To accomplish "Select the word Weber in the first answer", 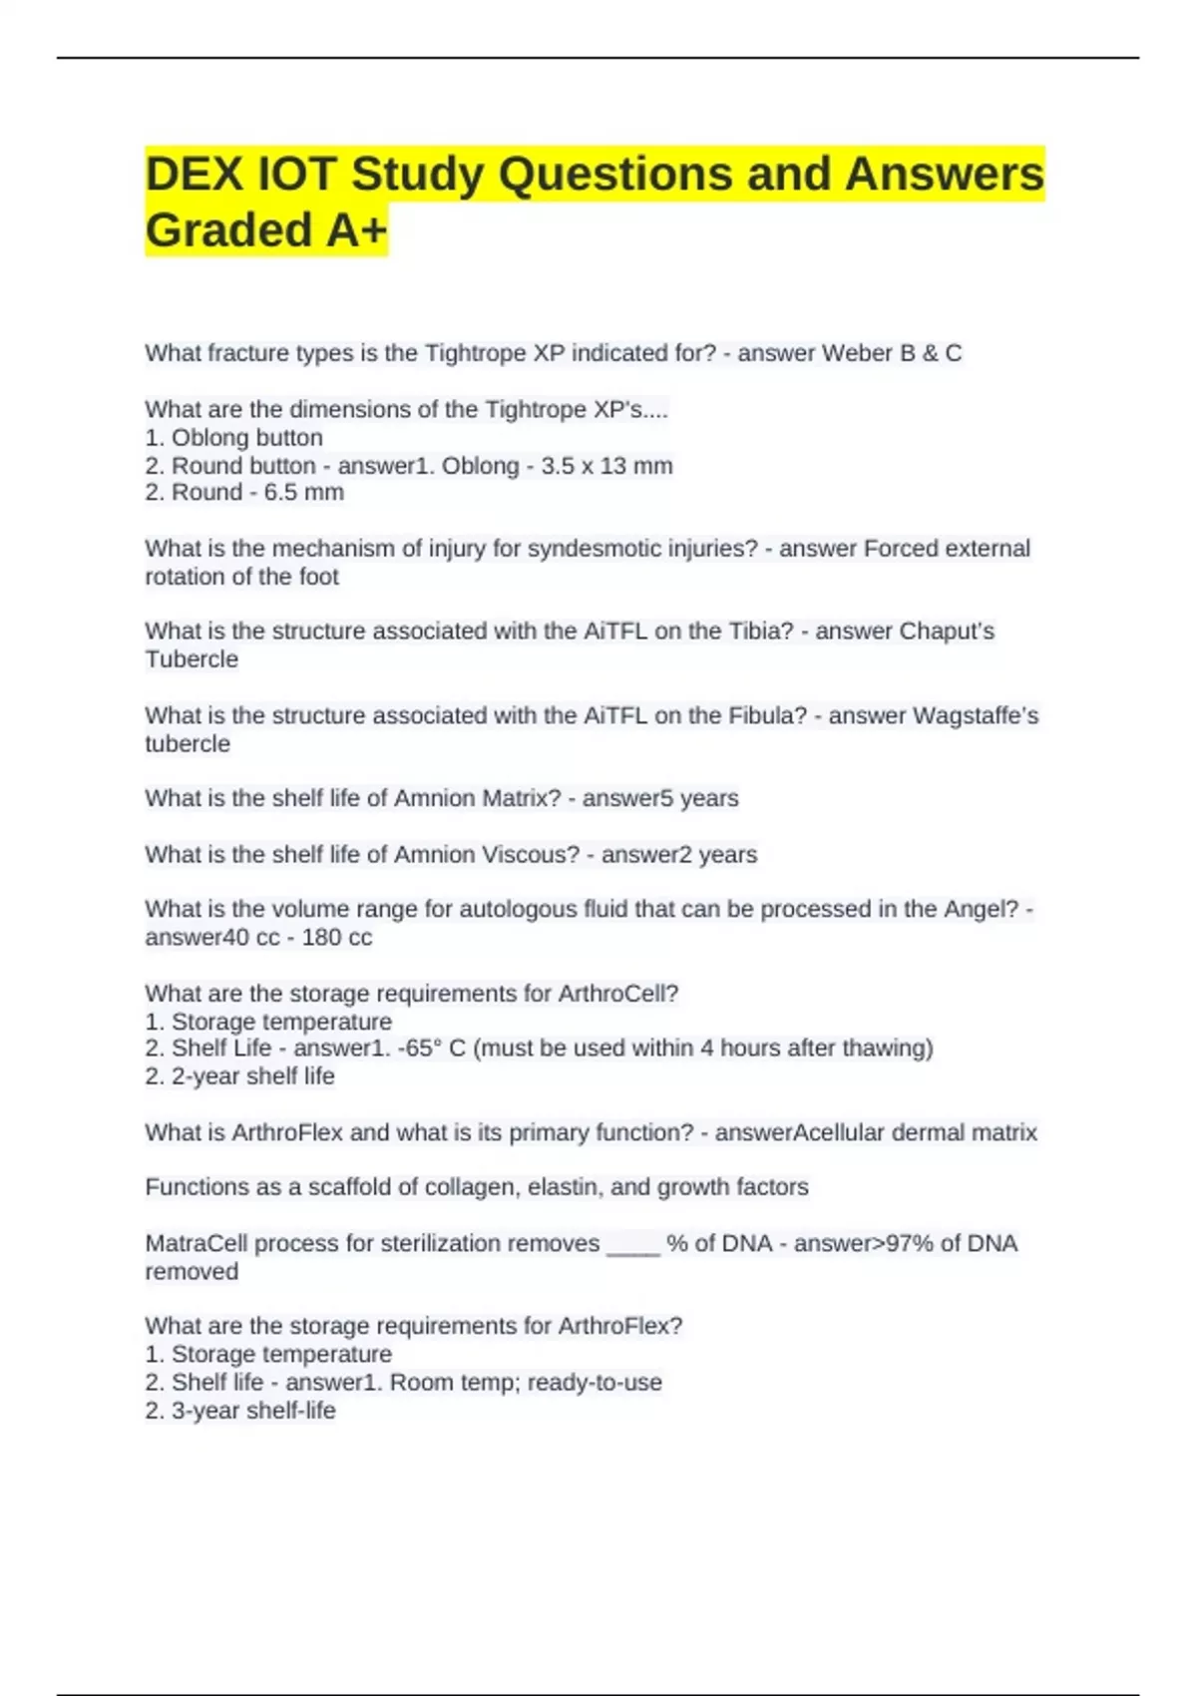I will (853, 353).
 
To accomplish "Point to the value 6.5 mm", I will (304, 493).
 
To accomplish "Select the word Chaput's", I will (947, 632).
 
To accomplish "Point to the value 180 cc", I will (337, 938).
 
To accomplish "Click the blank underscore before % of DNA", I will (633, 1246).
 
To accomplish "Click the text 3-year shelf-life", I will (253, 1411).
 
